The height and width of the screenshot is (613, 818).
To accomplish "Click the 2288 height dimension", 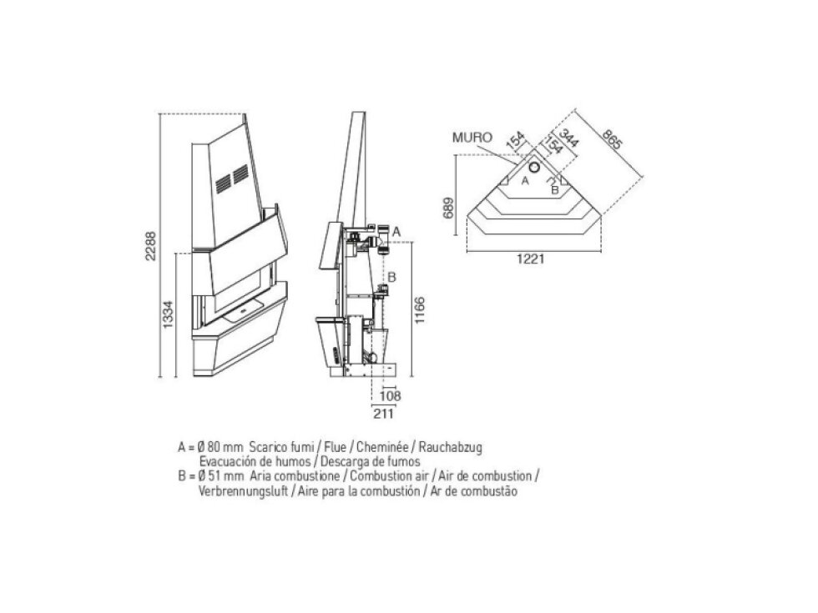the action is click(x=150, y=246).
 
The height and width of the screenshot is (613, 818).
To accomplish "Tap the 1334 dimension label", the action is click(x=168, y=315).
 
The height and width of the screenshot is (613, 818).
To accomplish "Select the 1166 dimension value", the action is click(x=420, y=310).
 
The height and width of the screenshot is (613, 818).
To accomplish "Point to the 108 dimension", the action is click(x=391, y=396).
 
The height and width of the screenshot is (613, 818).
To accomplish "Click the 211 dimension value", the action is click(x=383, y=414).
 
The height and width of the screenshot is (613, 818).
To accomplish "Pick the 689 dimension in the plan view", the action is click(x=449, y=208).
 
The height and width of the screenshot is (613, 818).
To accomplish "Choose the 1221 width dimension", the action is click(x=531, y=259).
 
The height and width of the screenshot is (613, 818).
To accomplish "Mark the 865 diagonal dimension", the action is click(x=612, y=139).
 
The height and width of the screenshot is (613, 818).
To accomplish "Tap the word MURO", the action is click(x=472, y=138).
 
